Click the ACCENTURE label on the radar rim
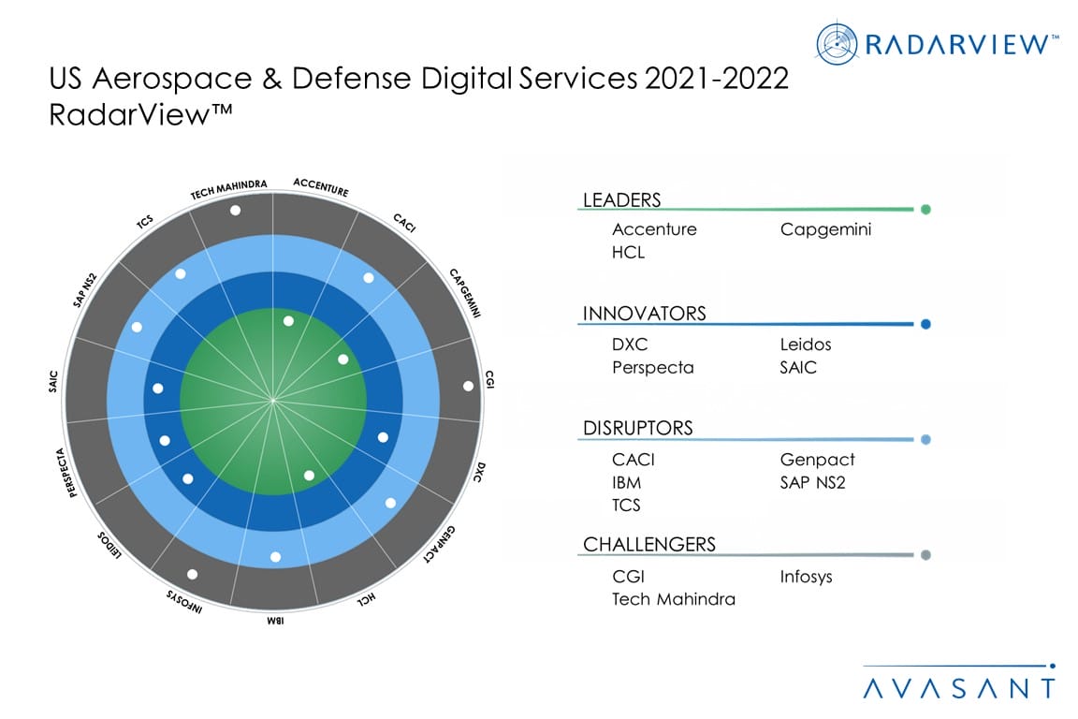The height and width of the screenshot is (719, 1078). (x=321, y=186)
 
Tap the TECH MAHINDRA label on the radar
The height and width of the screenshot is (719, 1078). (x=230, y=188)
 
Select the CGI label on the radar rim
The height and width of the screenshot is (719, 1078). (x=489, y=380)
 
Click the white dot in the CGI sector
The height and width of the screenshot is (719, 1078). (x=468, y=386)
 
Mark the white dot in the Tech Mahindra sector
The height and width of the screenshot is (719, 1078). (x=234, y=211)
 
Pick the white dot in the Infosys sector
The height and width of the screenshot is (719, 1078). (x=193, y=574)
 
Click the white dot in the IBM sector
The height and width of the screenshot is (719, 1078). (x=275, y=557)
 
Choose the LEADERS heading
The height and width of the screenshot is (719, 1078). (x=621, y=199)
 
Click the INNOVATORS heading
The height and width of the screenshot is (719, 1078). (x=644, y=313)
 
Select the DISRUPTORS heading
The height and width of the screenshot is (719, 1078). (x=638, y=428)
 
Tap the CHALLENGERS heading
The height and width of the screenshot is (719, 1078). (x=649, y=544)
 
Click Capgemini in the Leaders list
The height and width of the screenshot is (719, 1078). (x=825, y=229)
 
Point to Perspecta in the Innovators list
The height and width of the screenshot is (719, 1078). (x=653, y=367)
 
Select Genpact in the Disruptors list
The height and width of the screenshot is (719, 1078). (x=817, y=460)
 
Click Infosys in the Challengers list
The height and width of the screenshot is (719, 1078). (x=806, y=577)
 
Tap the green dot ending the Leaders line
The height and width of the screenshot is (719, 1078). (x=925, y=210)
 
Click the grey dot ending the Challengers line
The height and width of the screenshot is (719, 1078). (x=925, y=555)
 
